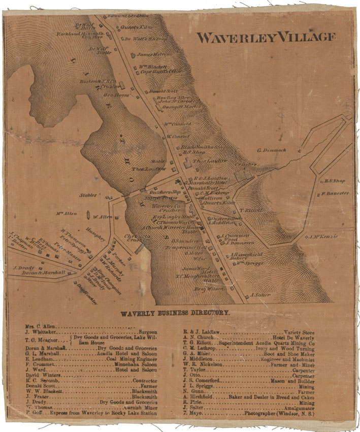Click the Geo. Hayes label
tap(114, 94)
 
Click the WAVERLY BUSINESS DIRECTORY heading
tap(175, 313)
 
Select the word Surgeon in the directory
tap(145, 331)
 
